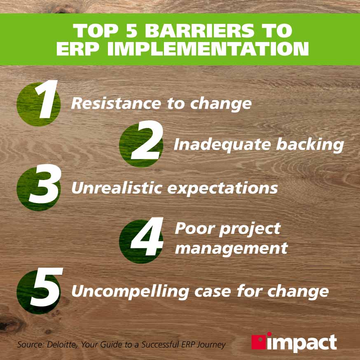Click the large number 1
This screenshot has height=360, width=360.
coord(44,101)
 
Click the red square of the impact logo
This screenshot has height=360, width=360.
coord(259,341)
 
